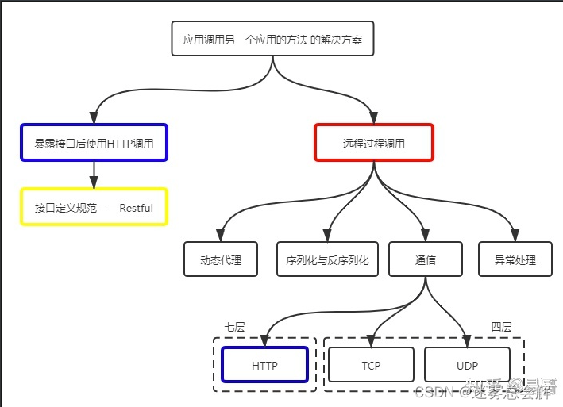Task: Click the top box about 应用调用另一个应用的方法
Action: (272, 39)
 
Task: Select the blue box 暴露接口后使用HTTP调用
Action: (94, 143)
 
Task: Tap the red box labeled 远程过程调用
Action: (373, 143)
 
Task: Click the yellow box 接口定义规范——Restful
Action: (94, 207)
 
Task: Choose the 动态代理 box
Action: (221, 259)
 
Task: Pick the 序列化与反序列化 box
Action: (327, 259)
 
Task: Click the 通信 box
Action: (426, 259)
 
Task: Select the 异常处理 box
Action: (515, 259)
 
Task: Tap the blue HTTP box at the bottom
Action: (265, 366)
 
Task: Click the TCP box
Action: (371, 366)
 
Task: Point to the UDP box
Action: (466, 366)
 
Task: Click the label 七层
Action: (234, 327)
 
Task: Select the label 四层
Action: (501, 327)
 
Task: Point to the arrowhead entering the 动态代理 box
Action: (221, 236)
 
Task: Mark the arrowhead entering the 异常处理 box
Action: (515, 236)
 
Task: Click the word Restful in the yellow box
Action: (136, 208)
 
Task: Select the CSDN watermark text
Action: (433, 392)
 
